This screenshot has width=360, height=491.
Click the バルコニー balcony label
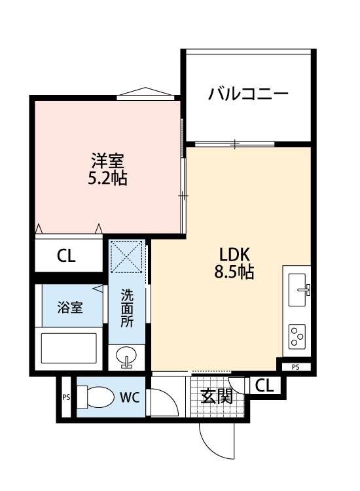click(248, 94)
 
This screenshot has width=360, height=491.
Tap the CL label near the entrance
click(264, 386)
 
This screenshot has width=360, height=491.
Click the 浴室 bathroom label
click(69, 308)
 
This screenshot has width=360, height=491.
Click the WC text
click(130, 397)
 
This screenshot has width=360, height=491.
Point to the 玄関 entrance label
click(217, 396)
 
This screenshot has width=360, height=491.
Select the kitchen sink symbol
click(298, 287)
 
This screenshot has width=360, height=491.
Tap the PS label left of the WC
click(65, 397)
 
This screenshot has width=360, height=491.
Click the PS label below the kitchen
click(296, 367)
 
